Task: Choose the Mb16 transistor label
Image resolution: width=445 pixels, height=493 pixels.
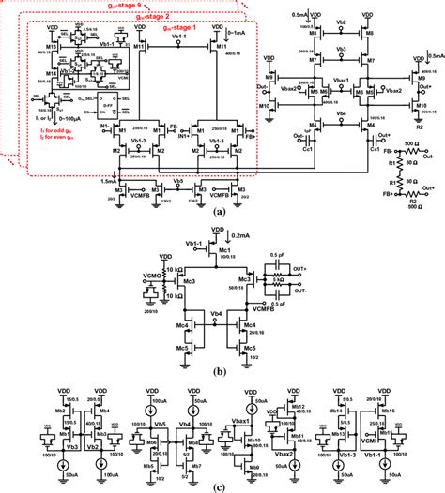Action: point(387,411)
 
